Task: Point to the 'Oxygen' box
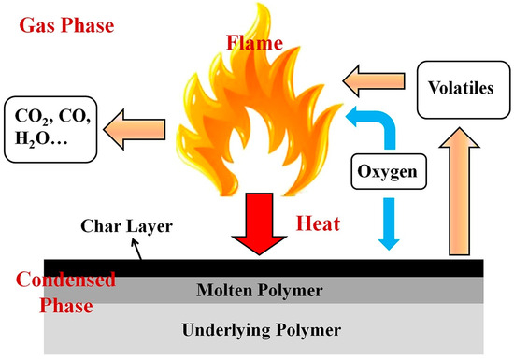click(x=385, y=172)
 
